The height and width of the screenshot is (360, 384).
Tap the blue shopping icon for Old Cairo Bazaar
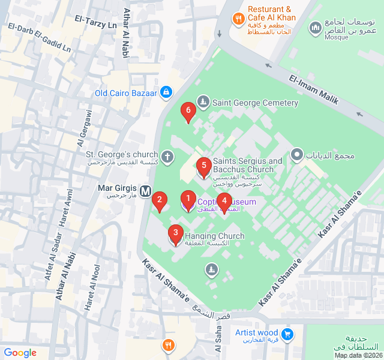pyautogui.click(x=166, y=92)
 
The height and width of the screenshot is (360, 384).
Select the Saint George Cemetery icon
pyautogui.click(x=203, y=103)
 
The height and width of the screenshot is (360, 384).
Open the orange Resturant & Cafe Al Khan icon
pyautogui.click(x=238, y=19)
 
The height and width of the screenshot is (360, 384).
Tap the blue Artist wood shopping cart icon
pyautogui.click(x=287, y=334)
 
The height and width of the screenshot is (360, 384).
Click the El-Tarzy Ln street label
pyautogui.click(x=95, y=22)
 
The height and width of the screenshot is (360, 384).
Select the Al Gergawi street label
pyautogui.click(x=85, y=128)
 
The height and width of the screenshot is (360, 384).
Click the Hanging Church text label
pyautogui.click(x=214, y=236)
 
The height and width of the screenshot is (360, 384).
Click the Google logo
pyautogui.click(x=20, y=353)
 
